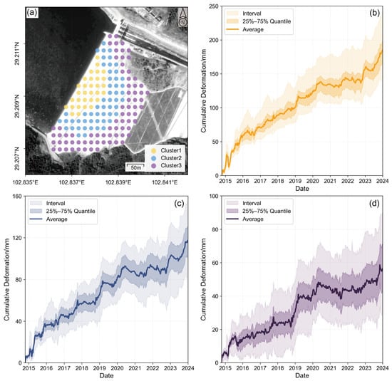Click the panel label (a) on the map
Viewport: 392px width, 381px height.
coord(32,13)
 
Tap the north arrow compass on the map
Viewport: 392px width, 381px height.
coord(182,17)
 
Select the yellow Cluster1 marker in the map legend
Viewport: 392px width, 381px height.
coord(154,151)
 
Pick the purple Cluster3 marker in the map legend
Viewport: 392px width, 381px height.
coord(154,166)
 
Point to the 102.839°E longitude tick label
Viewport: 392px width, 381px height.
coord(118,182)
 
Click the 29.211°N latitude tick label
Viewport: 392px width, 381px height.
coord(17,53)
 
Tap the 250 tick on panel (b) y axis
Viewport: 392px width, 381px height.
coord(214,6)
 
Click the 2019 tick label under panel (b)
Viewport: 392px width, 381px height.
coord(295,181)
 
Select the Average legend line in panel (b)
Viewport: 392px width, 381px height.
coord(232,29)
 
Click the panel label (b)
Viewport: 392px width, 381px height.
coord(374,13)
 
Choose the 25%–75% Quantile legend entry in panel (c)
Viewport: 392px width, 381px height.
coord(62,211)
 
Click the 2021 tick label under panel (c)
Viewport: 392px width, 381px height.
coord(135,368)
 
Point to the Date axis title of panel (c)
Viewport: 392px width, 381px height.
coord(106,375)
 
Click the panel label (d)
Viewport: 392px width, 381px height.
coord(374,204)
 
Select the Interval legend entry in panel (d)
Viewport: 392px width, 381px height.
coord(244,203)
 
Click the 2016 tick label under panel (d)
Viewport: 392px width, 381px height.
coord(242,368)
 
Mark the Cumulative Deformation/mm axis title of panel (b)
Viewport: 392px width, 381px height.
coord(204,90)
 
